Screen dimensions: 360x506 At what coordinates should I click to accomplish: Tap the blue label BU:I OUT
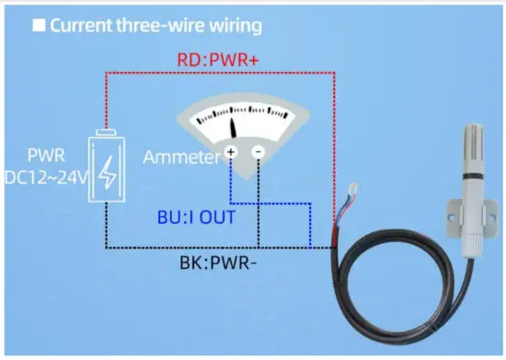click(196, 217)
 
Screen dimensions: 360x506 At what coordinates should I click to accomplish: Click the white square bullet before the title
click(39, 25)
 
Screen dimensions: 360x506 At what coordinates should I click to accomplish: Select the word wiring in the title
click(231, 25)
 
